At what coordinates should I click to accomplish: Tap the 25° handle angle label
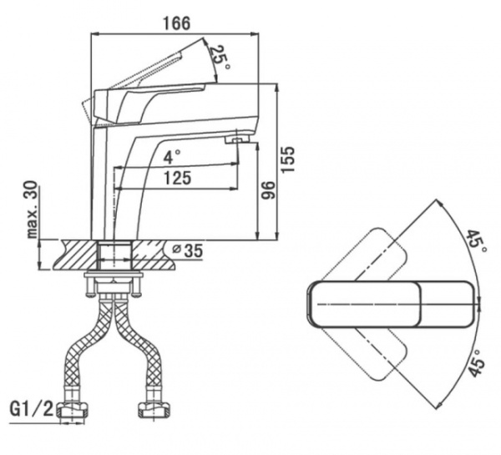(x=219, y=57)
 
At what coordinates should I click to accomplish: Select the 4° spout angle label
(x=171, y=156)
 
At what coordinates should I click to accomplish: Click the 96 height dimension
(x=269, y=190)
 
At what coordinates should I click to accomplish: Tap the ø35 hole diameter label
(x=187, y=250)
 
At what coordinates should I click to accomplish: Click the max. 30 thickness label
(x=33, y=212)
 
